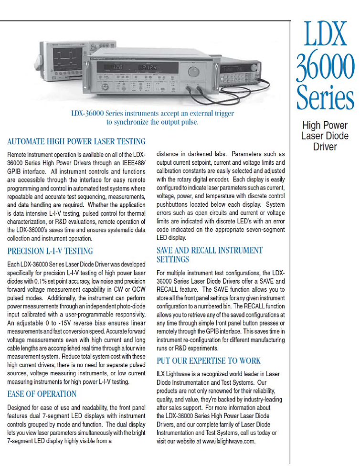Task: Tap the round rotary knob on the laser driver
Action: click(x=193, y=72)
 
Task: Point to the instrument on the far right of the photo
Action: click(x=241, y=72)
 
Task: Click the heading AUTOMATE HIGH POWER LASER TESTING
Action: click(x=76, y=141)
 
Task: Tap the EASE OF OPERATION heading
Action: click(x=42, y=394)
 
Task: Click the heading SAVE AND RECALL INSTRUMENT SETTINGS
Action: click(x=209, y=254)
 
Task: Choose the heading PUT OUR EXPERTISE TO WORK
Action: click(x=209, y=360)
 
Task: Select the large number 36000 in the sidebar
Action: click(x=326, y=68)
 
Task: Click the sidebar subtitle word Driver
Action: click(x=325, y=147)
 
